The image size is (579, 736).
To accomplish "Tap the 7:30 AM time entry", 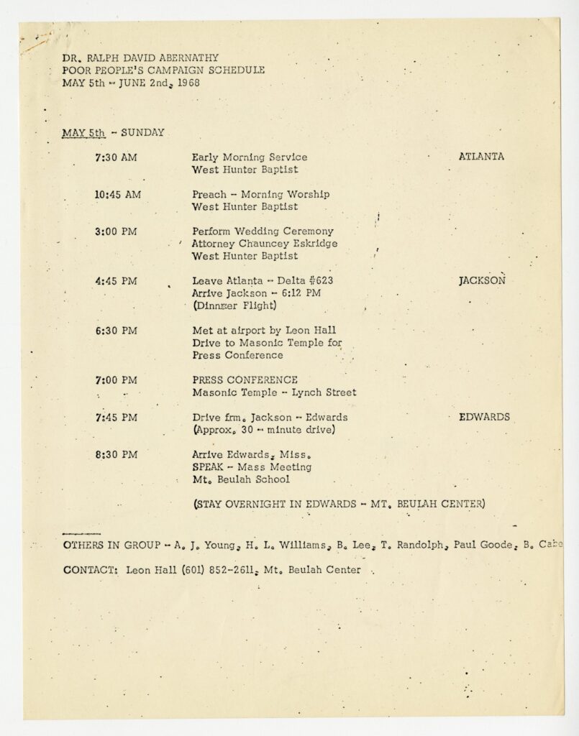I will (114, 156).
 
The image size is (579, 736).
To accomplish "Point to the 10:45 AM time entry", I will (117, 193).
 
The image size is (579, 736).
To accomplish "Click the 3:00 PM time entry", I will (115, 231).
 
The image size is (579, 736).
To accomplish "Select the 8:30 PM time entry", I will (115, 454).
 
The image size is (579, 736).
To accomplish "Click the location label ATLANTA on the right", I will (481, 156).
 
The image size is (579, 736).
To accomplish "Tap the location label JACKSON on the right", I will (482, 281).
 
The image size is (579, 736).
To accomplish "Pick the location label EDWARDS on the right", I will (485, 417).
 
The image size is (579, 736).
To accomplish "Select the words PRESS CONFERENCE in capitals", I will (245, 379).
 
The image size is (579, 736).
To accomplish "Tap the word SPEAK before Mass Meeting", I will (209, 467).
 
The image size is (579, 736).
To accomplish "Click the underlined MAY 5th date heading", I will (85, 132).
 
